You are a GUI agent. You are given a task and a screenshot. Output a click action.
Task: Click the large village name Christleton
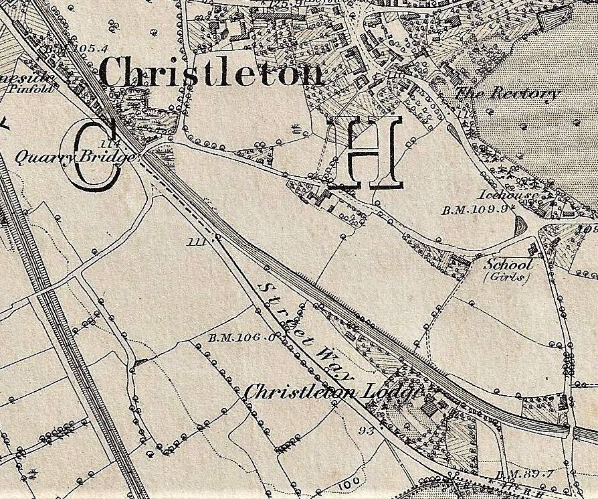(x=212, y=72)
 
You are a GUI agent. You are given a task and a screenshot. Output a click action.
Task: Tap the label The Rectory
(x=506, y=93)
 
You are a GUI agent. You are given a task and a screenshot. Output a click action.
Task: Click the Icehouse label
(x=504, y=196)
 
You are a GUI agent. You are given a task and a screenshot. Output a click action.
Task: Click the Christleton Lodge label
(x=332, y=393)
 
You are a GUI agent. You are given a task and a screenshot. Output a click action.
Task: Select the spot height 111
(x=197, y=241)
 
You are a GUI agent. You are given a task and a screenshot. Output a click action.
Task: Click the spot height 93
(x=365, y=431)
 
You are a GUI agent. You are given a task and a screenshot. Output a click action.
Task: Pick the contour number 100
(x=342, y=483)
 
